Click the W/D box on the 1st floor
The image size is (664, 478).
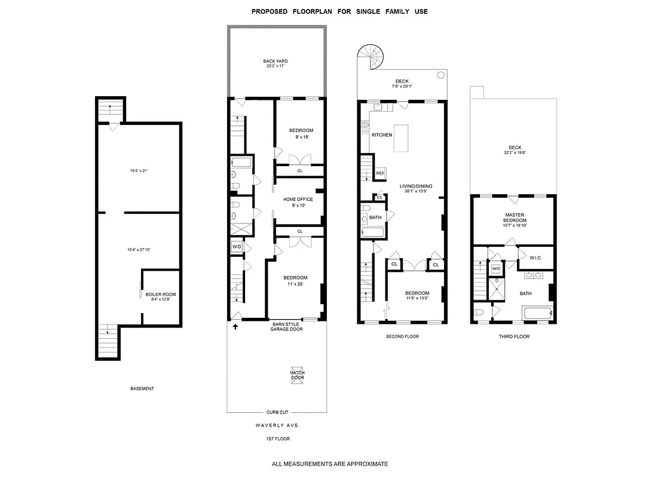pos(236,247)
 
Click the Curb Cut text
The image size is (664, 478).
pos(277,412)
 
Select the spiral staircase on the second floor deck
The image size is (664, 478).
pos(370,59)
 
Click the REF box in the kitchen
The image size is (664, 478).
pos(380,174)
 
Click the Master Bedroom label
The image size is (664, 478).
pos(515,217)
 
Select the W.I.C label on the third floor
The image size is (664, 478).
pos(535,258)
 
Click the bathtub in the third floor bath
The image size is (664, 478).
pos(537,313)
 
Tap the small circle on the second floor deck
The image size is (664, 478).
pos(440,75)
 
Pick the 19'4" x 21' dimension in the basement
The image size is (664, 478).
pos(139,171)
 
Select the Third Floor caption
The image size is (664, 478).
pos(514,336)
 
